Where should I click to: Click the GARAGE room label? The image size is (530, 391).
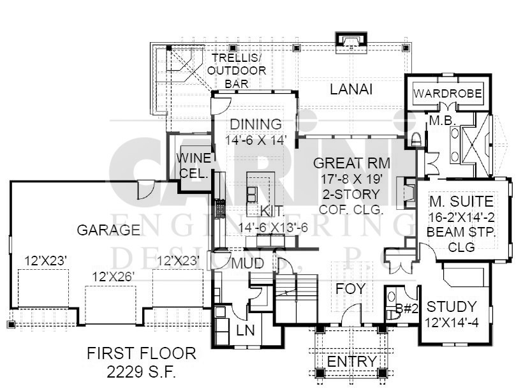108,230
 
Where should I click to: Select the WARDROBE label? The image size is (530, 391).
448,93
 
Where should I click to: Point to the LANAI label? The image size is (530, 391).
351,89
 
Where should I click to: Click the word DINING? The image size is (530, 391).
256,124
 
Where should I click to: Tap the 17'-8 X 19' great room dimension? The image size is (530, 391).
351,179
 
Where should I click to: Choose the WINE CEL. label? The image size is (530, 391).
194,166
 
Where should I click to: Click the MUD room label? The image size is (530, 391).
247,263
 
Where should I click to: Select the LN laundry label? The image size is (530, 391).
246,330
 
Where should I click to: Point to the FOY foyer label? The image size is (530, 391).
351,289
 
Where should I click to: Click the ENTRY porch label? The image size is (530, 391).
351,362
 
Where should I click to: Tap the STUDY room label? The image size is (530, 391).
452,307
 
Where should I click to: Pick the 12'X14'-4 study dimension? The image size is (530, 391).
452,323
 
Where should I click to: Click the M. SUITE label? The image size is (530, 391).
461,202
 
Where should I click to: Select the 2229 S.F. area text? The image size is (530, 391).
142,372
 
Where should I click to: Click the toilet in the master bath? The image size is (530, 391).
416,139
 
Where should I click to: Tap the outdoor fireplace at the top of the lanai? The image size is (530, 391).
351,42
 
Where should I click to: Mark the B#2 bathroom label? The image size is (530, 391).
407,308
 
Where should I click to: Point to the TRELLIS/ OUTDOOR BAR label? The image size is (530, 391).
237,71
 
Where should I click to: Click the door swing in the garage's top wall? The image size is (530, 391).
146,190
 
